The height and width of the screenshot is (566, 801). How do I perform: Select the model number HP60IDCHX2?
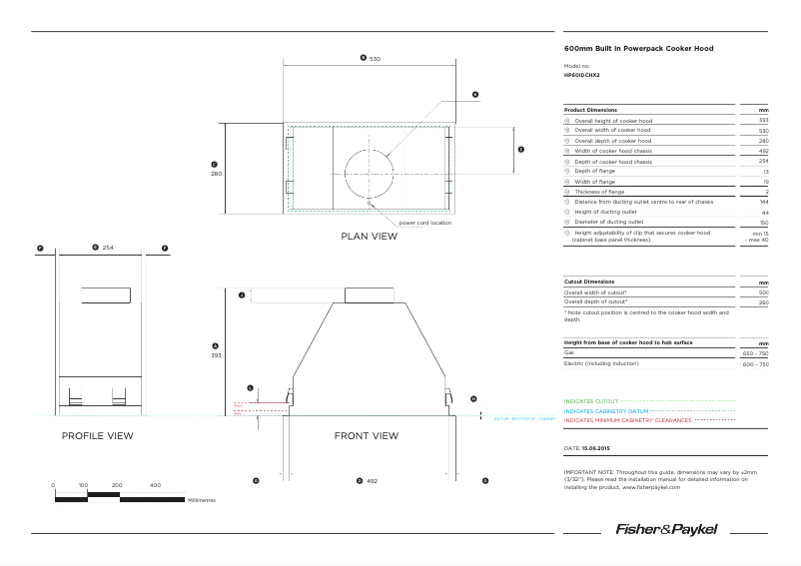tap(582, 75)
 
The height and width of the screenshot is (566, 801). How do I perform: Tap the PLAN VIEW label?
tap(370, 237)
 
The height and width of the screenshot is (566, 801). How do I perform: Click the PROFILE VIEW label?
tap(97, 436)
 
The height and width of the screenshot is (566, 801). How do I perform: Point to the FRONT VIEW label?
tap(366, 436)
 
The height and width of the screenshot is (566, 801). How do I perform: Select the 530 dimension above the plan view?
tap(375, 60)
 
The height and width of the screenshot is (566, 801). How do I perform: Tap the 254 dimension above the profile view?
tap(109, 247)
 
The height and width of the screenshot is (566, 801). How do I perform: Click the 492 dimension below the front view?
tap(372, 481)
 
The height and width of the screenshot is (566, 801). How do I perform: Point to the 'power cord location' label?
tap(424, 223)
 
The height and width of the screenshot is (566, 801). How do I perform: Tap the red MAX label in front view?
tap(238, 404)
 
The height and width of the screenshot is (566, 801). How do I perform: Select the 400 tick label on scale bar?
tap(155, 485)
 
